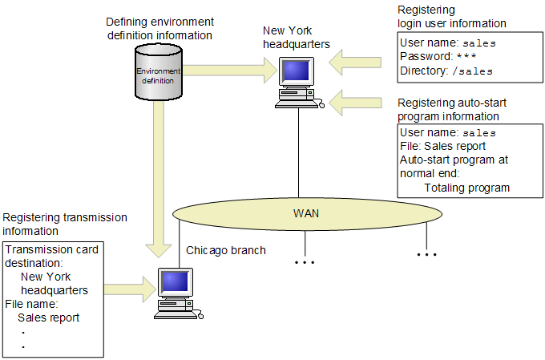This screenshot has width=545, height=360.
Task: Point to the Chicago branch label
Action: point(226,250)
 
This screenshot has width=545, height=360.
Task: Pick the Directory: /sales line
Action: point(445,71)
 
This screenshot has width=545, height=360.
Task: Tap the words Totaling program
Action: point(466,188)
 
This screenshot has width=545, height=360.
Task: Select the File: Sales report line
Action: point(442,146)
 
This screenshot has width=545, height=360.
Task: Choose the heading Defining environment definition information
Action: point(159,29)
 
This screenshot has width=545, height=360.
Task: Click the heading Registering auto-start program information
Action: point(452,110)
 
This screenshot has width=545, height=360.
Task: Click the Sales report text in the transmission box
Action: point(48,318)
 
